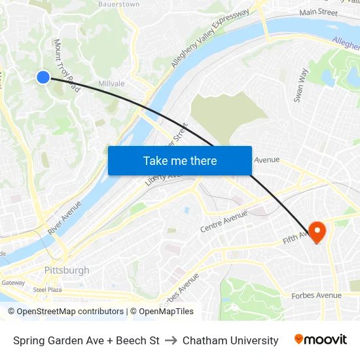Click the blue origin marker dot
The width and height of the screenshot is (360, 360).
(43, 77)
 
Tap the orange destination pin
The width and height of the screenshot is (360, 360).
(317, 232)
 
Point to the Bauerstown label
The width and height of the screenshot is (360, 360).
(118, 4)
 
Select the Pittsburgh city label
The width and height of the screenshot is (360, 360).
(67, 270)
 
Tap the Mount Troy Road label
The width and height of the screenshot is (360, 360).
(67, 64)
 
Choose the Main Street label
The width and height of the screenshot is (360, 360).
(318, 12)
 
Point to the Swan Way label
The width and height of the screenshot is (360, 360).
(300, 85)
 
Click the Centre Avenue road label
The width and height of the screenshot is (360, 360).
(224, 221)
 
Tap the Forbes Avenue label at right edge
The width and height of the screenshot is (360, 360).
(316, 295)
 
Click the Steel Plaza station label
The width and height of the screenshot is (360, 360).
(47, 289)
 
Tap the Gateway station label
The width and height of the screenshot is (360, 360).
(12, 283)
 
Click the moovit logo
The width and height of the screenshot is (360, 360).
(320, 339)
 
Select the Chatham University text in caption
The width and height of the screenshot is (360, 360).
(230, 340)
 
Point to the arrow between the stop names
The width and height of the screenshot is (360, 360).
(171, 340)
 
